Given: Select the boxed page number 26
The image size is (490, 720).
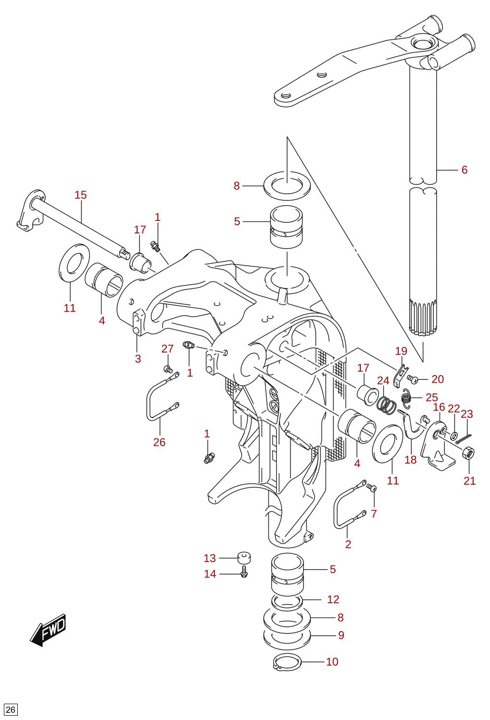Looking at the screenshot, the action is pos(10,709).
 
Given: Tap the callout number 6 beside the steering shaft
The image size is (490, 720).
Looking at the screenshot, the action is pos(464,170).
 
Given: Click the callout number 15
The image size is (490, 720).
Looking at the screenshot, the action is pos(81,195).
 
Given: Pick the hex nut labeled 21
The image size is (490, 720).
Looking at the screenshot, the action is pos(468,453).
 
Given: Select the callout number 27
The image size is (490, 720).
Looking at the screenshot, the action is pos(168,349).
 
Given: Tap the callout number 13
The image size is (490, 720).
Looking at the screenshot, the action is pos(209,558).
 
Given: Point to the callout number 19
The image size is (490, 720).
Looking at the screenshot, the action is pos(401,351).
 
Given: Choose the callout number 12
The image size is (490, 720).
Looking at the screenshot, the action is pos(333,599).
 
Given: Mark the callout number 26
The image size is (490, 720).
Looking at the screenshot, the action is pos(159,442).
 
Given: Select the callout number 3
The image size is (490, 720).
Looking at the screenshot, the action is pos(138,359).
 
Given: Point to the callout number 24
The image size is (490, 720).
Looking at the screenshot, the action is pos(383,380).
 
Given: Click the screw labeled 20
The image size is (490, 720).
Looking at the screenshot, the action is pos(412,379).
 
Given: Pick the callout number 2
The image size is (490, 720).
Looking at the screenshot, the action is pos(348,544).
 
